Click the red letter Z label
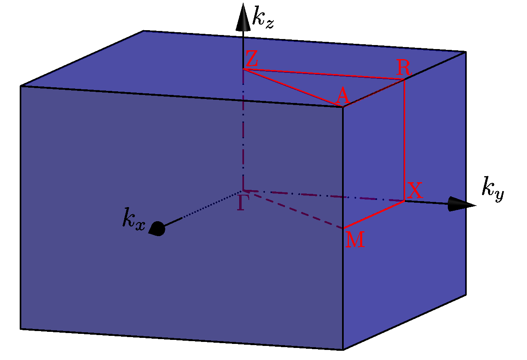click(252, 60)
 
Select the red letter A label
click(342, 97)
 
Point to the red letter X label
click(415, 191)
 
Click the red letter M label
click(355, 240)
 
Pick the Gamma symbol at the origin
click(240, 203)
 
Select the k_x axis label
click(133, 222)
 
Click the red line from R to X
click(404, 141)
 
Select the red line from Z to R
click(322, 74)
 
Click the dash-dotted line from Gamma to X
click(322, 195)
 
